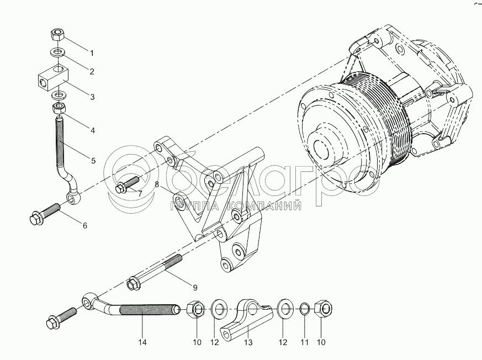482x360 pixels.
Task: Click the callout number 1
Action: point(91,53)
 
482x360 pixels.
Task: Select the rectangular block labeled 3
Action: point(53,79)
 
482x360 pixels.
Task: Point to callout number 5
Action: point(93,161)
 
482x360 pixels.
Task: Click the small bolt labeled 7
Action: point(127,184)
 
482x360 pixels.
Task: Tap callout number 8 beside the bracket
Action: point(157,185)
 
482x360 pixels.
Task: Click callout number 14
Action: point(142,342)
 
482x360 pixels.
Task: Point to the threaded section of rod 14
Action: point(149,309)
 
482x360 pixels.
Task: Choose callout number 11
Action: point(304,342)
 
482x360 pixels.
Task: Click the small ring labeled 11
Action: point(304,309)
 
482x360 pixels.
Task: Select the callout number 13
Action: point(248,342)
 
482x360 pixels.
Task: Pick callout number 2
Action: point(91,71)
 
